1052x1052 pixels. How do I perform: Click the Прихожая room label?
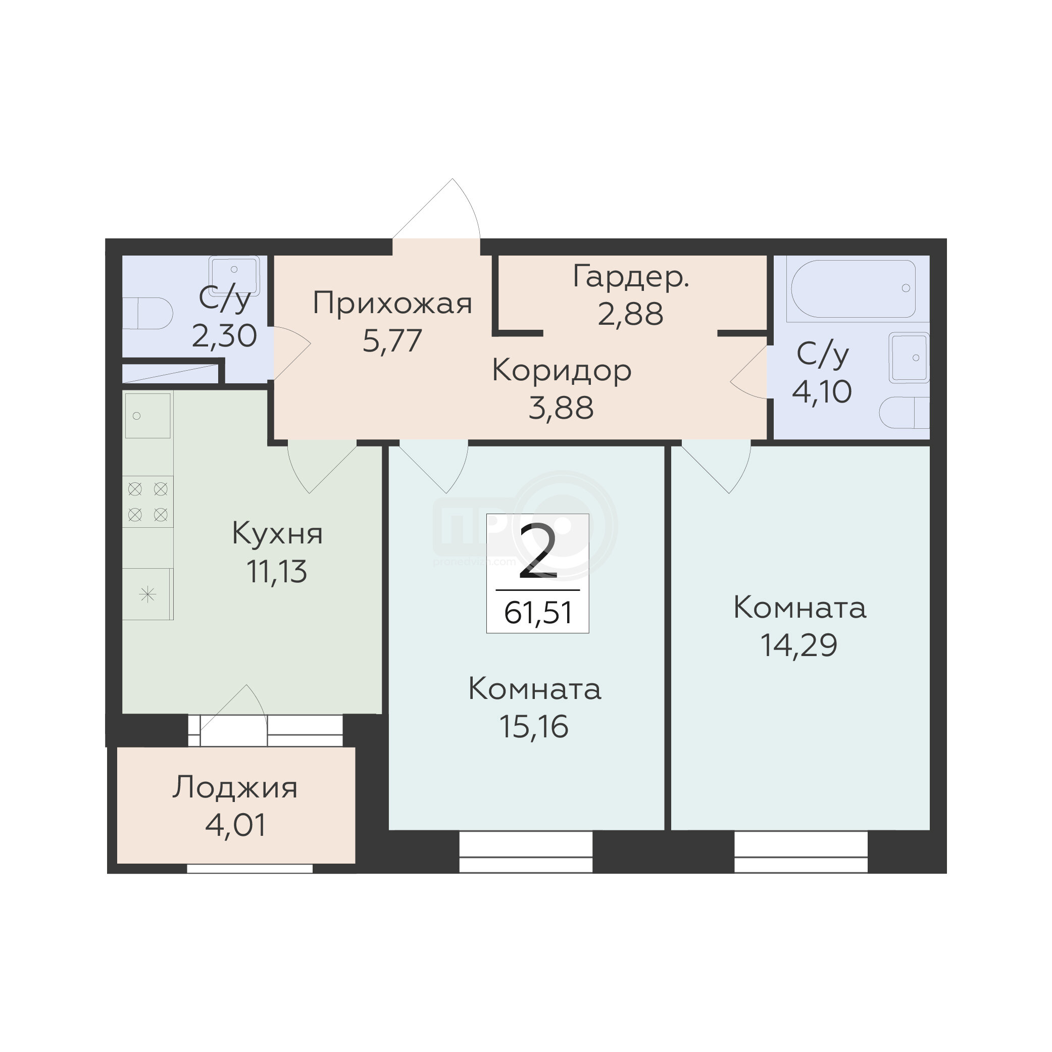[x=392, y=304]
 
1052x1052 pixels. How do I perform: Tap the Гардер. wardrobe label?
[x=631, y=278]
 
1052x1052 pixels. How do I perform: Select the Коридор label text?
[x=562, y=371]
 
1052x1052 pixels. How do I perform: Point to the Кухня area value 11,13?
[x=277, y=572]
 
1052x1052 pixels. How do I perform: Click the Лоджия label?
[x=235, y=787]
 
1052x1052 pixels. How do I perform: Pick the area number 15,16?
[x=534, y=727]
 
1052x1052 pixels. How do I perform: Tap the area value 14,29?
[x=799, y=646]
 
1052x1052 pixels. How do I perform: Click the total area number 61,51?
[x=538, y=613]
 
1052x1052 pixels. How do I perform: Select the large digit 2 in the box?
[x=538, y=550]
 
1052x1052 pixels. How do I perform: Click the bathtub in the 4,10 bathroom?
[x=853, y=288]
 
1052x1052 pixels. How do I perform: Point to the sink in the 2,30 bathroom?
[x=234, y=276]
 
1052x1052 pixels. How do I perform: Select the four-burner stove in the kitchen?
[x=147, y=502]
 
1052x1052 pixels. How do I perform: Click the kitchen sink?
[x=147, y=415]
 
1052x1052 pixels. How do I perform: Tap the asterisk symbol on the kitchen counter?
[x=147, y=594]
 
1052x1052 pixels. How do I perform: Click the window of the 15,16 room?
[x=525, y=851]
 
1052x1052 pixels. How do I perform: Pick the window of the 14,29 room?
[x=800, y=851]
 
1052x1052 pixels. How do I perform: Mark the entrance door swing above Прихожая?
[x=436, y=210]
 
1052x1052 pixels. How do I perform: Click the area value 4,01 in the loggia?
[x=236, y=825]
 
